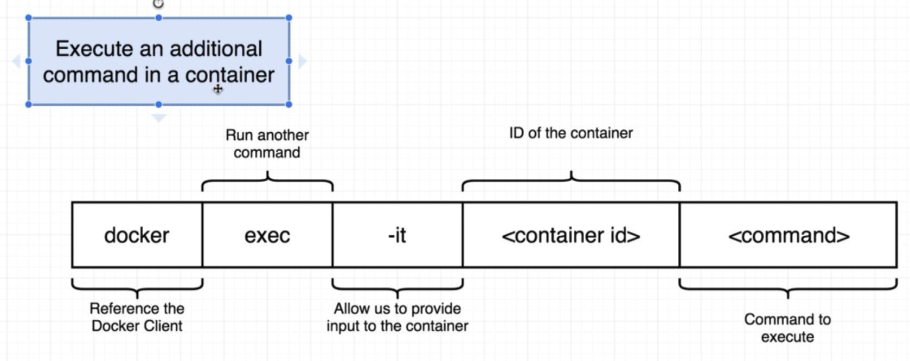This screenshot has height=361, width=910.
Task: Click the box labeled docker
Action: (137, 235)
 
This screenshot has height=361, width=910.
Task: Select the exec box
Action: (267, 235)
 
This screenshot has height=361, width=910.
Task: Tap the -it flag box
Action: (398, 235)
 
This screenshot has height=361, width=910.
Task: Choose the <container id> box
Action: (571, 235)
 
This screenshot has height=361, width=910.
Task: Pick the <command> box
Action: (789, 235)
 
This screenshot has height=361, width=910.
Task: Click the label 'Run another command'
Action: (267, 144)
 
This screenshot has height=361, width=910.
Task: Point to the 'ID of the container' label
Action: (571, 133)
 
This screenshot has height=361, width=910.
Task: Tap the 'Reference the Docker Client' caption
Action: (137, 317)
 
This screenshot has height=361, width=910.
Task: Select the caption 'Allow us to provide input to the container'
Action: (398, 317)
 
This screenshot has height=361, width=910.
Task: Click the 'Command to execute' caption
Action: (787, 328)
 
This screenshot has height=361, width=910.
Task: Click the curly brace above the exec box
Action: (267, 182)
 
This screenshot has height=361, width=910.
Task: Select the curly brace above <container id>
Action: (571, 182)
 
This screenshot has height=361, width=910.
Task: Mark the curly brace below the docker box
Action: (137, 288)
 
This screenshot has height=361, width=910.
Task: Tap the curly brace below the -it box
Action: (398, 288)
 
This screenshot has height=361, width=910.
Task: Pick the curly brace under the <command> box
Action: (788, 288)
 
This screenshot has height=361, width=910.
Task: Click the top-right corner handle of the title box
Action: (289, 18)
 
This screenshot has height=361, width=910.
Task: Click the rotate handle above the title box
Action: (158, 4)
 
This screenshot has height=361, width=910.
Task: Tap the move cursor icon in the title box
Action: (217, 89)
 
